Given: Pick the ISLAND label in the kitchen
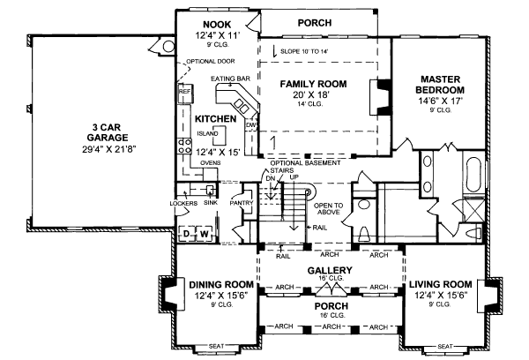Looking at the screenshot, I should pyautogui.click(x=207, y=133).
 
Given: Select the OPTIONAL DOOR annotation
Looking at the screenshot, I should pyautogui.click(x=207, y=61).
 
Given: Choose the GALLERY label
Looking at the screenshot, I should pyautogui.click(x=331, y=271).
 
